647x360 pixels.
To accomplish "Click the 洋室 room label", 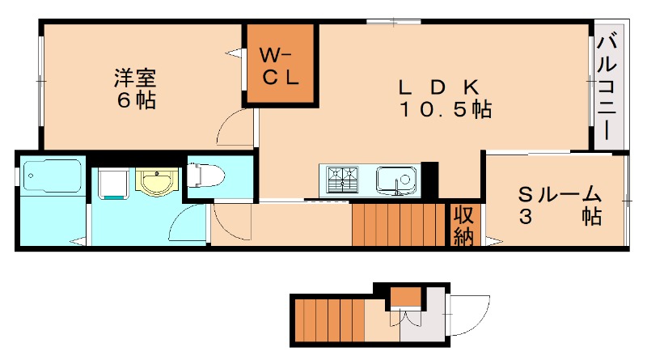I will click(x=134, y=80).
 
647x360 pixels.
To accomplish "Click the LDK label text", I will click(x=441, y=87).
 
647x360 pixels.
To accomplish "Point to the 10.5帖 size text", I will click(x=444, y=109).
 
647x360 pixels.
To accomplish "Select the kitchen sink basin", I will click(x=395, y=178).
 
